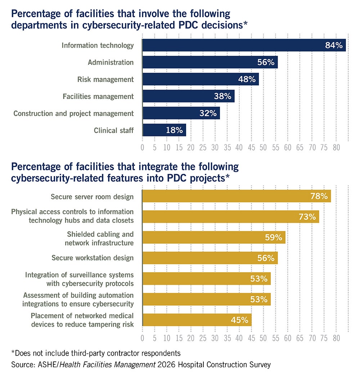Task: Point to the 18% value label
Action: pyautogui.click(x=174, y=130)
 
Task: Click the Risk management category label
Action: pyautogui.click(x=105, y=79)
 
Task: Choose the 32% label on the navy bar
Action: pyautogui.click(x=208, y=113)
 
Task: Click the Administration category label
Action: pyautogui.click(x=111, y=62)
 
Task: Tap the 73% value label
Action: pyautogui.click(x=307, y=217)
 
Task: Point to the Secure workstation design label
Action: pyautogui.click(x=93, y=258)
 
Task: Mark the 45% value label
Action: pyautogui.click(x=239, y=320)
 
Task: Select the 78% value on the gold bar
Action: pyautogui.click(x=319, y=196)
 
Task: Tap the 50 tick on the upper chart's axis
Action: pyautogui.click(x=263, y=148)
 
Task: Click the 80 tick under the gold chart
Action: pyautogui.click(x=336, y=338)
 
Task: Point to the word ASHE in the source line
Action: pyautogui.click(x=44, y=365)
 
